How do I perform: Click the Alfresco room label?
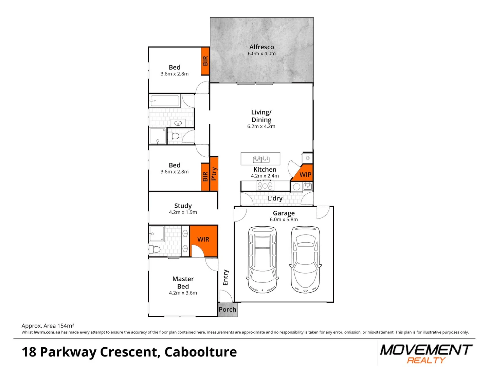261,47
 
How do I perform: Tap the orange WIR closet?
203,240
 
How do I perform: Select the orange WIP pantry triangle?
304,174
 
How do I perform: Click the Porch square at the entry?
228,310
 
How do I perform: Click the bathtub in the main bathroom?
165,101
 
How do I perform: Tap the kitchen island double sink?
261,159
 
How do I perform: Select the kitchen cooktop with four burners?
265,186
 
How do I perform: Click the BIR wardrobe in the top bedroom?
205,61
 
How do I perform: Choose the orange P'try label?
214,174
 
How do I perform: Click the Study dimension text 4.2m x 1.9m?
183,212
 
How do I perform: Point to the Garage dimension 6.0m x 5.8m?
284,220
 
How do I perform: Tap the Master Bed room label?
183,282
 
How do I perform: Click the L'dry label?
275,198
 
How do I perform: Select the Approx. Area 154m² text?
48,326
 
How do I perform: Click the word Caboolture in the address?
201,352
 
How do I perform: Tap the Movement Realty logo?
426,354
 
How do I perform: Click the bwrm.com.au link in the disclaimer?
47,332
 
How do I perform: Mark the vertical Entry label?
226,278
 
